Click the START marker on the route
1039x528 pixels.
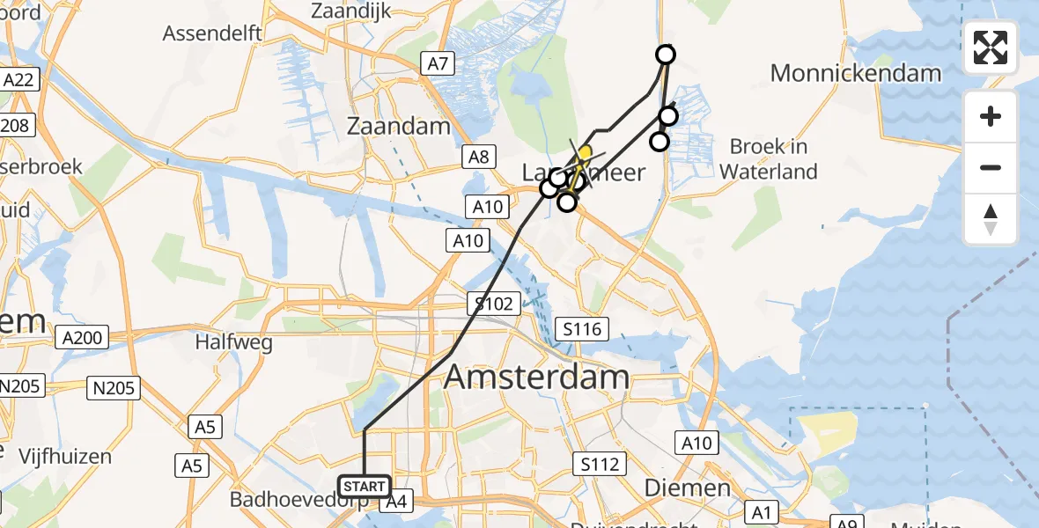364,486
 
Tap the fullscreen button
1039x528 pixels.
991,48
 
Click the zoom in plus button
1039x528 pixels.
991,116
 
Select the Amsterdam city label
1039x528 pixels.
536,377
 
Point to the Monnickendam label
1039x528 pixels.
856,73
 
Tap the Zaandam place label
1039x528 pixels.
398,126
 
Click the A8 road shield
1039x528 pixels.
478,158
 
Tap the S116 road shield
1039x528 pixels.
582,330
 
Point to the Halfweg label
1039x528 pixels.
233,342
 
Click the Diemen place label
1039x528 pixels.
687,488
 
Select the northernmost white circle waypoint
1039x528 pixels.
666,55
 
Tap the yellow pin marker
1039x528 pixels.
585,153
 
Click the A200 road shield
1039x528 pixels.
84,337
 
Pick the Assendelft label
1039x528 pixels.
212,33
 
